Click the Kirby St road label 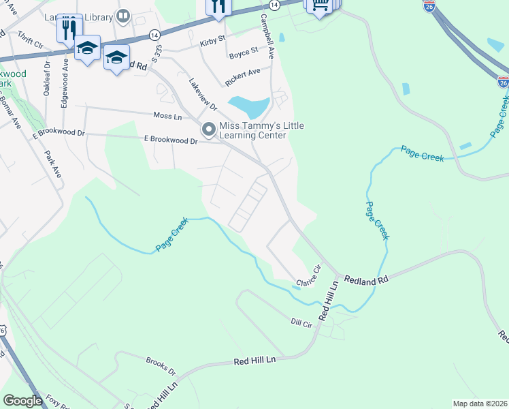pos(212,42)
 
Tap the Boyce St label pos(244,51)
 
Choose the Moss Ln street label pos(167,117)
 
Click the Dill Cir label pos(301,322)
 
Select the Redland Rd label pos(365,280)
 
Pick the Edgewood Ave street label pos(65,78)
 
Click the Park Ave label pos(53,164)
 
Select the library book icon pos(123,14)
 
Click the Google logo pos(22,401)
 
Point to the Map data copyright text pos(479,404)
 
